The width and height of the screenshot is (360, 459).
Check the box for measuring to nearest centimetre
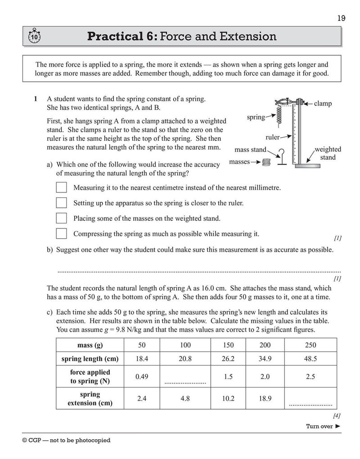click(61, 187)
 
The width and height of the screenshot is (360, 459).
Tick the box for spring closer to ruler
click(61, 203)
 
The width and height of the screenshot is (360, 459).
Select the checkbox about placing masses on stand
click(61, 218)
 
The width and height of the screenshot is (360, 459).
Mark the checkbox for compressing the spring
click(61, 233)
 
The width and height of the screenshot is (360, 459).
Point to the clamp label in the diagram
click(323, 103)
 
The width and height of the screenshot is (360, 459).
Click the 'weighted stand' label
click(327, 153)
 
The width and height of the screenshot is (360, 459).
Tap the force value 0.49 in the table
click(142, 377)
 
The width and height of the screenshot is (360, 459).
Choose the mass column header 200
click(265, 345)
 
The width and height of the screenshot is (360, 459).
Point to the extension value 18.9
click(265, 399)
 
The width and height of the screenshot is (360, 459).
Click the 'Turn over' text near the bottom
click(319, 426)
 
